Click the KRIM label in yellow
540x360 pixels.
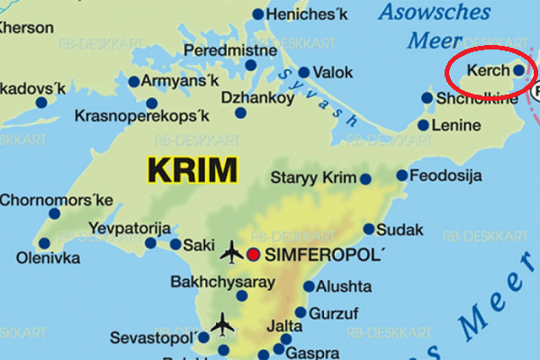(192, 169)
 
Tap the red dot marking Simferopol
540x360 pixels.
(255, 254)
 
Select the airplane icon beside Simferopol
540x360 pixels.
(231, 253)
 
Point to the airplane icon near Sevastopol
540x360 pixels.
(221, 323)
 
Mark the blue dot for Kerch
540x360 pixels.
(518, 69)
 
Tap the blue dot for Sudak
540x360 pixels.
(369, 229)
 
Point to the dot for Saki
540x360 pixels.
(175, 244)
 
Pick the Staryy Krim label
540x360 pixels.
(314, 178)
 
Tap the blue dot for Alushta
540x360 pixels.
(309, 287)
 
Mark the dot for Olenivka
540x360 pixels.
(43, 243)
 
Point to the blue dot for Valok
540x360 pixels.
(304, 72)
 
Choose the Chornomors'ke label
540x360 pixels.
(57, 199)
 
